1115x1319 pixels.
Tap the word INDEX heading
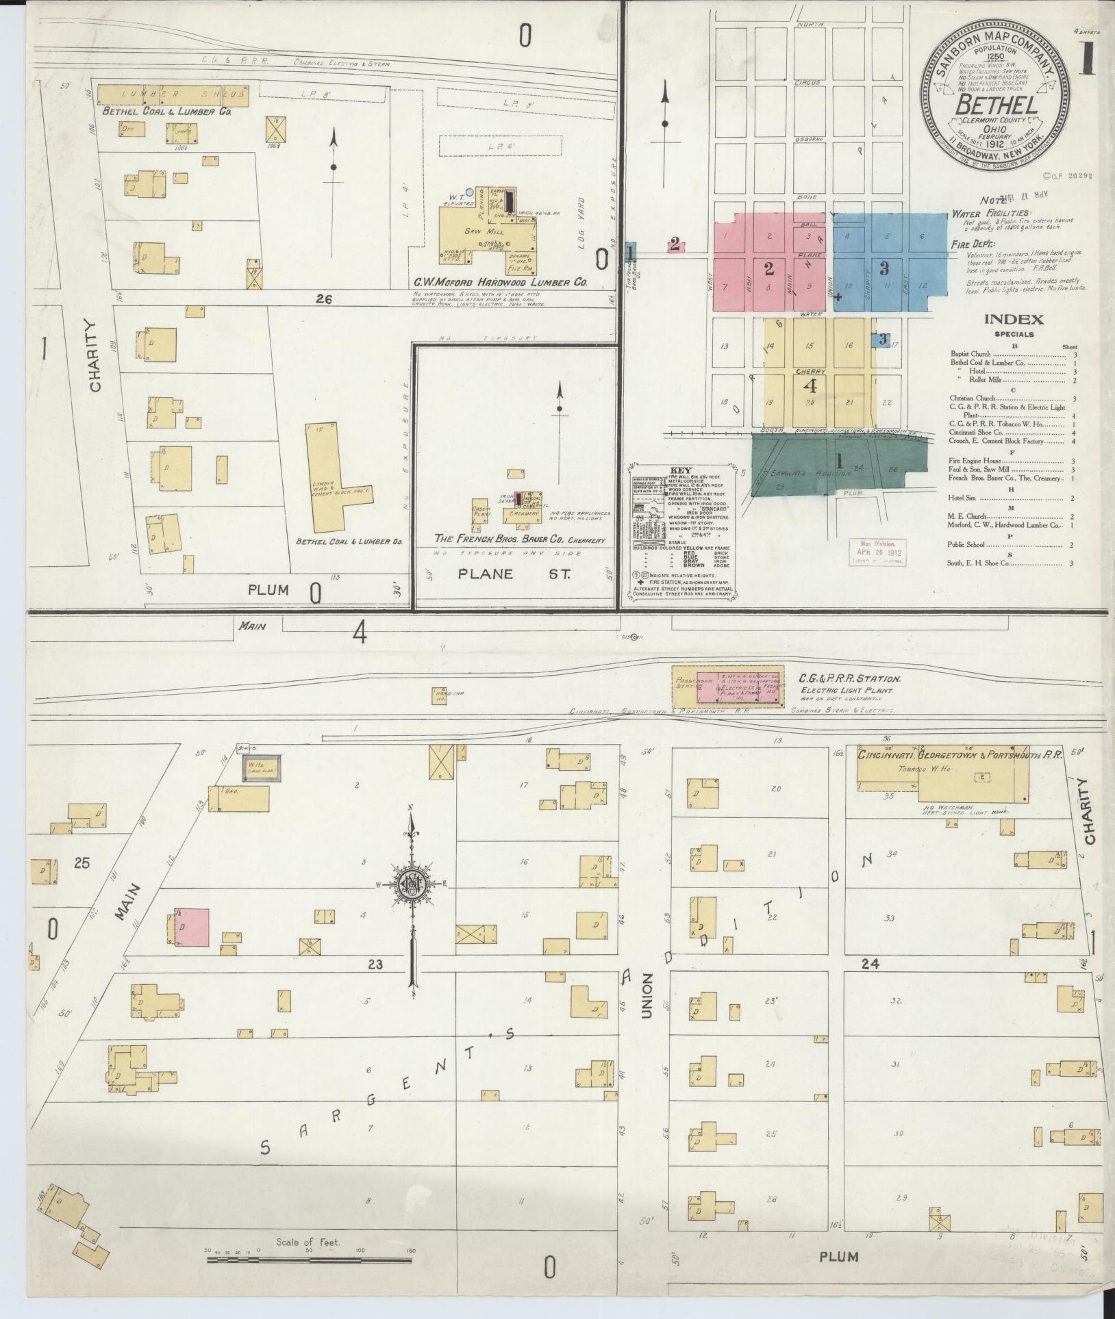click(x=1014, y=319)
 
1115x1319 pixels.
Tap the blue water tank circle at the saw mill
click(x=468, y=192)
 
